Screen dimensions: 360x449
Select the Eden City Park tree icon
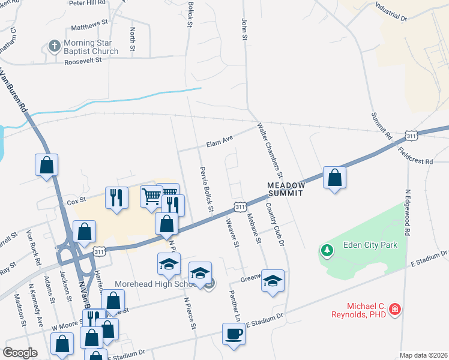pyautogui.click(x=327, y=250)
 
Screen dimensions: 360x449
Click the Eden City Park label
pyautogui.click(x=370, y=245)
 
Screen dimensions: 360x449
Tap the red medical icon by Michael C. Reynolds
pyautogui.click(x=395, y=310)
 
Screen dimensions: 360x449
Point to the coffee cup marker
pyautogui.click(x=234, y=334)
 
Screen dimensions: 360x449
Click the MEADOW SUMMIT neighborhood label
pyautogui.click(x=286, y=190)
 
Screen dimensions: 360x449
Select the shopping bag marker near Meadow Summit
pyautogui.click(x=335, y=178)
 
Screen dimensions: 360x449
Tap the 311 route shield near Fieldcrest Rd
pyautogui.click(x=411, y=137)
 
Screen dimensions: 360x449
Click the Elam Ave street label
pyautogui.click(x=219, y=143)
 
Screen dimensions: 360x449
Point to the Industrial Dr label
pyautogui.click(x=391, y=12)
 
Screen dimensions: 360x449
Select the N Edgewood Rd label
pyautogui.click(x=408, y=212)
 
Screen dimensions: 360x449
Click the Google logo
pyautogui.click(x=20, y=352)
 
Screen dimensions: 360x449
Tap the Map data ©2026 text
pyautogui.click(x=423, y=355)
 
